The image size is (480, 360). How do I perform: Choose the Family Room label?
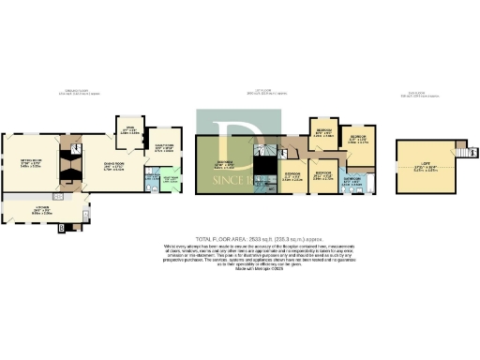click(163, 146)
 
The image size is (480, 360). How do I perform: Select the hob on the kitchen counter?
click(57, 197)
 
